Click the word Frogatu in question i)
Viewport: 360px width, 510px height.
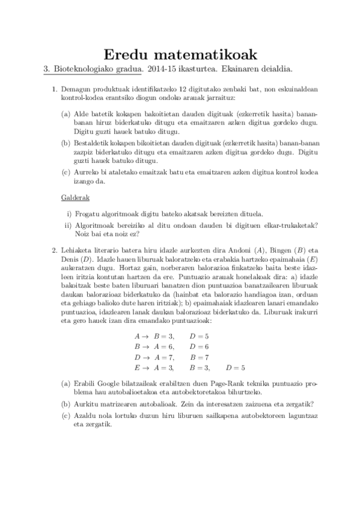pos(88,214)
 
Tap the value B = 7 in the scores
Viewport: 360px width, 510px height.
pos(200,357)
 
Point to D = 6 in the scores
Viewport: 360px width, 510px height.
pos(200,346)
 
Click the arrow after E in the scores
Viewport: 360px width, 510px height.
pos(145,367)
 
